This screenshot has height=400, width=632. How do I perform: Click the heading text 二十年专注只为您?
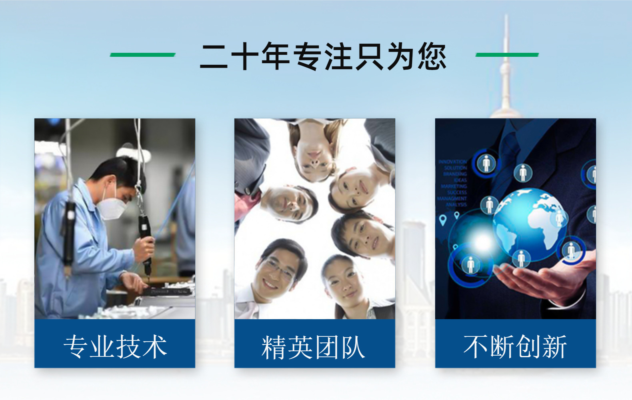coord(323,56)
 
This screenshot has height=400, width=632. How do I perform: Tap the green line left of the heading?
coord(143,55)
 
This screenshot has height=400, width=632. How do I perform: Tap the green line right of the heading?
coord(507,55)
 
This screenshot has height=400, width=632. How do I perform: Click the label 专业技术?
coord(115,346)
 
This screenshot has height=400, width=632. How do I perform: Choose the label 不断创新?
coord(515,346)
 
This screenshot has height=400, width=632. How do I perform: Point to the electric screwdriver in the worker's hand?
coord(145,240)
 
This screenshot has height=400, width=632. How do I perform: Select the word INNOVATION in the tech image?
coord(452,162)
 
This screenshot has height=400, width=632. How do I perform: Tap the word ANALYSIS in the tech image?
coord(456,204)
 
